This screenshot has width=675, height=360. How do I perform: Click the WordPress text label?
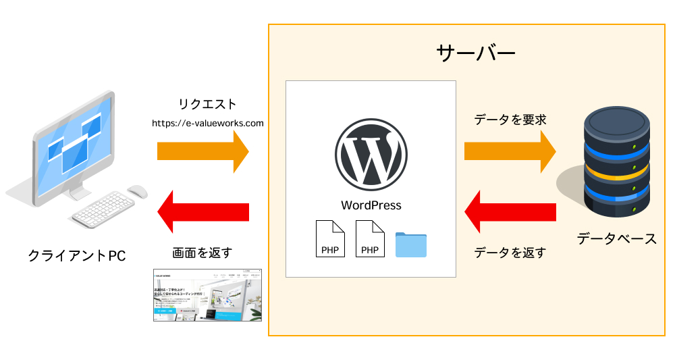[x=371, y=205]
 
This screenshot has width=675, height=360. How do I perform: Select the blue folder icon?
[x=411, y=244]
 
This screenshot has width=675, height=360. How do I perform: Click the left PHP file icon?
[x=331, y=238]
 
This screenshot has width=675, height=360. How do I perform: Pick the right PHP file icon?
[x=370, y=238]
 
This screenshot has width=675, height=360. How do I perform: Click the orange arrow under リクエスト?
[x=202, y=151]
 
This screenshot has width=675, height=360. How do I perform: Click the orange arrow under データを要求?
[x=510, y=151]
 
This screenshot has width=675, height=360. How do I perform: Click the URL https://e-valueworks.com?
[x=207, y=124]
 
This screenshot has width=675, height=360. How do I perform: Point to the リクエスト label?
[x=207, y=104]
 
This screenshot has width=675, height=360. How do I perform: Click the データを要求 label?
[x=510, y=120]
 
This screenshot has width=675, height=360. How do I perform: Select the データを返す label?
[x=510, y=253]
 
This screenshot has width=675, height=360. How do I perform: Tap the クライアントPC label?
[x=77, y=255]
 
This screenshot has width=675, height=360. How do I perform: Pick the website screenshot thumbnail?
[x=207, y=295]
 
